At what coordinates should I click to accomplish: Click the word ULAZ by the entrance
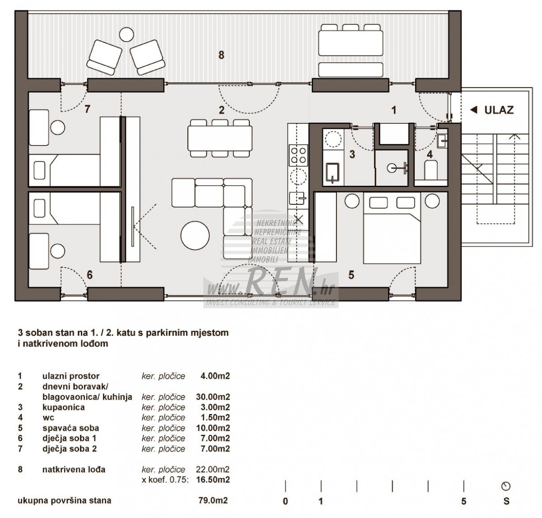coord(499,110)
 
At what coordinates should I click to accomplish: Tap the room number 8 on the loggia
coord(221,55)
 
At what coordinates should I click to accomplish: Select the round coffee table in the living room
coord(195,235)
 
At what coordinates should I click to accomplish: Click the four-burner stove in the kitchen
coord(298,155)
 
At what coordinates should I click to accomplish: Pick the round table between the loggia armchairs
coord(126,34)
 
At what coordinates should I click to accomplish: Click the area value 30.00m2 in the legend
coord(213,397)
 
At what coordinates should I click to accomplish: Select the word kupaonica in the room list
coord(64,407)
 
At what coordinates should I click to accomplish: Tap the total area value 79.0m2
coord(213,500)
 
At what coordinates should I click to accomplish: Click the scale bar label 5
coord(464,501)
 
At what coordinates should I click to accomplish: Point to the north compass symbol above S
coord(506,486)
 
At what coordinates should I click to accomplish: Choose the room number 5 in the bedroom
coord(351,275)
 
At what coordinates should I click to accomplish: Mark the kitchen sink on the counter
coord(298,198)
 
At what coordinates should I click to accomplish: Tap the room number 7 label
coord(88,109)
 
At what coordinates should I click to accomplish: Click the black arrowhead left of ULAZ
coord(474,110)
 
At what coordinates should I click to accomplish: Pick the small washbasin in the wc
coord(442,141)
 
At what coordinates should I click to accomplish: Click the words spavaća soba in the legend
coord(71,428)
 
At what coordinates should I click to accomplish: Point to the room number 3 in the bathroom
coord(352,154)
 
